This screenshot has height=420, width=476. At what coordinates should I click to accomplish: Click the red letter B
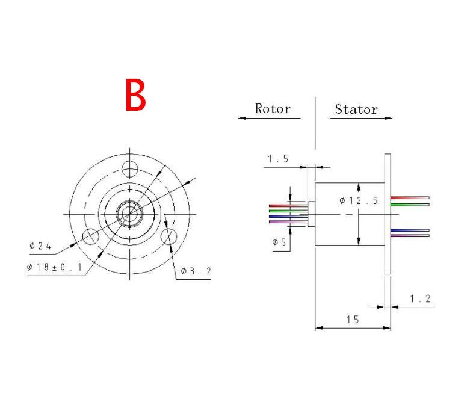point(135,95)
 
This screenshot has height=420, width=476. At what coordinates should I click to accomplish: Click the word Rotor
point(273,109)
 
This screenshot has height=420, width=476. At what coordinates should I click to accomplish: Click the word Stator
point(356,110)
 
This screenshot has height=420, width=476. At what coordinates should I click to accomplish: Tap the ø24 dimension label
point(40,246)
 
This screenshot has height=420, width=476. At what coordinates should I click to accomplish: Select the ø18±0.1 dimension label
point(54,267)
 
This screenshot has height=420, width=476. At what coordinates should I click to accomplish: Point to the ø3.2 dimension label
point(196,271)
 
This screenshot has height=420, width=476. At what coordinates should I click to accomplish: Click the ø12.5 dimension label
point(359,200)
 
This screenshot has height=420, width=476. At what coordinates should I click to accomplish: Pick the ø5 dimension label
point(279,242)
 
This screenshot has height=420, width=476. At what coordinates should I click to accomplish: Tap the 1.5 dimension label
point(278,158)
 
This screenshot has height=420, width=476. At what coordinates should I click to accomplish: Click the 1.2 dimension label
point(420,298)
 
